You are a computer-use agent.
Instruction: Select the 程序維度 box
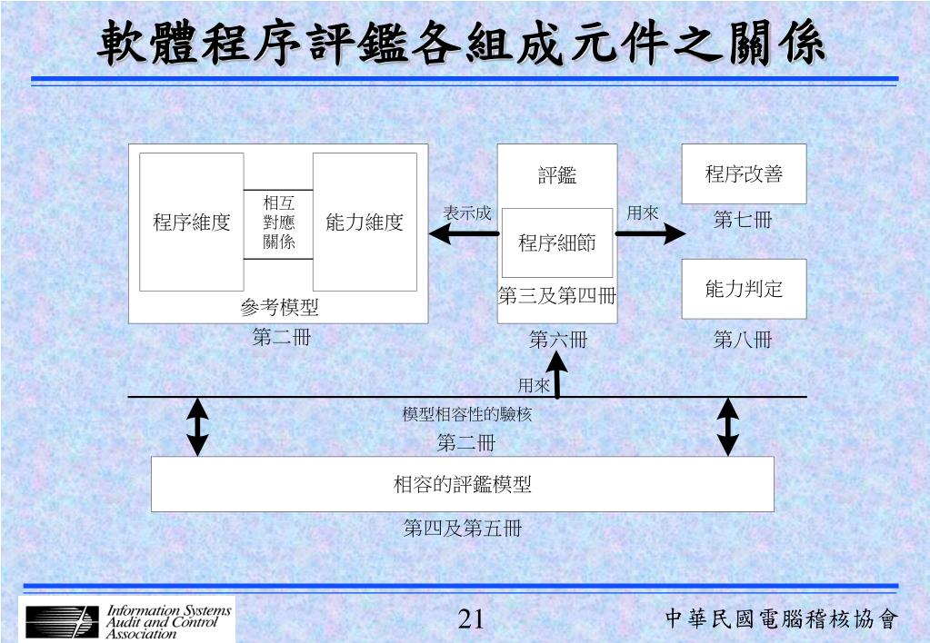tap(191, 222)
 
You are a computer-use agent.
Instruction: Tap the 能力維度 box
tap(365, 222)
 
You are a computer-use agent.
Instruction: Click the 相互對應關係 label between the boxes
tap(279, 223)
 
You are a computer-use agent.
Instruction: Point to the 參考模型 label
tap(279, 308)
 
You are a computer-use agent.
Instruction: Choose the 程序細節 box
tap(557, 242)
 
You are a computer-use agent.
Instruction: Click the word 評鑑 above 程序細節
tap(556, 176)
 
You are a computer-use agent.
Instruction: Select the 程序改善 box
tap(744, 174)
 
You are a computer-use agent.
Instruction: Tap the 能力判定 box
tap(744, 289)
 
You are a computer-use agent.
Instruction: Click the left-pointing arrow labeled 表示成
tap(463, 233)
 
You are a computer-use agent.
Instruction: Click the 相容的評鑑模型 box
tap(462, 484)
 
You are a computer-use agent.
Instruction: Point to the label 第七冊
tap(743, 220)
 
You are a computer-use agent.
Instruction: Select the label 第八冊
tap(743, 341)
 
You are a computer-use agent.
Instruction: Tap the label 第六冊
tap(558, 341)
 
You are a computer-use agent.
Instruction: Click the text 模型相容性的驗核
tap(466, 414)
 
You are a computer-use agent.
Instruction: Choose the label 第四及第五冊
tap(462, 529)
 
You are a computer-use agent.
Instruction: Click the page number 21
tap(470, 619)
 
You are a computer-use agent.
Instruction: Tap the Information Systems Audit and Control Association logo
tap(127, 620)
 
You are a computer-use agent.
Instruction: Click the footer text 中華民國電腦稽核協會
tap(781, 619)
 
